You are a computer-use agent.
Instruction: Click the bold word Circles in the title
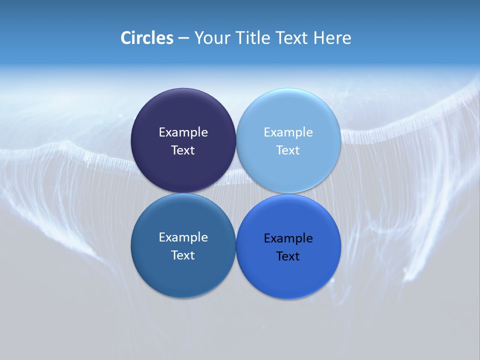click(x=147, y=38)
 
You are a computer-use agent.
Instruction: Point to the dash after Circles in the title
click(x=183, y=38)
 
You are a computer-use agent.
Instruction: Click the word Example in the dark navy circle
click(x=183, y=132)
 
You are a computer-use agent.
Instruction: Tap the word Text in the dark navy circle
click(x=183, y=150)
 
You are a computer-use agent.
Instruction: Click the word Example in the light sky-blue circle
click(x=288, y=132)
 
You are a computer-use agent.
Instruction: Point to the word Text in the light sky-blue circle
click(x=288, y=150)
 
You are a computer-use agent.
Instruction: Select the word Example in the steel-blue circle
click(x=183, y=237)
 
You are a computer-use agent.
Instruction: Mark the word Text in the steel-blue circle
click(x=183, y=255)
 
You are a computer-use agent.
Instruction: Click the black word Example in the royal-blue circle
click(x=288, y=238)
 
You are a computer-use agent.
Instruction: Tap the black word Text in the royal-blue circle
click(x=288, y=256)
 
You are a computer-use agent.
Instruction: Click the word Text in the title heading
click(x=291, y=38)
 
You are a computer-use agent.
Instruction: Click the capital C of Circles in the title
click(x=126, y=38)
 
